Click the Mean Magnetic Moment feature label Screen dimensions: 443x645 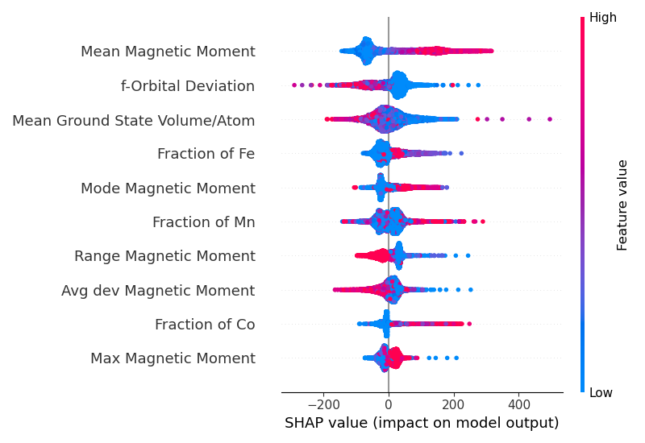pyautogui.click(x=168, y=52)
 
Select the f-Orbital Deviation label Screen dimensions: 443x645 pyautogui.click(x=188, y=86)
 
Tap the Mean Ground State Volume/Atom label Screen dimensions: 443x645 pyautogui.click(x=134, y=121)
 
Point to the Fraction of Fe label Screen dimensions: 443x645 pyautogui.click(x=206, y=154)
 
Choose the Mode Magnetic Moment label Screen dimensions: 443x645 pyautogui.click(x=168, y=188)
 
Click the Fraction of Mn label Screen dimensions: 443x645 pyautogui.click(x=203, y=222)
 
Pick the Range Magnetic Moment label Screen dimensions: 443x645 pyautogui.click(x=164, y=256)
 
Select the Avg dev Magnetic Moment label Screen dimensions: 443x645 pyautogui.click(x=158, y=291)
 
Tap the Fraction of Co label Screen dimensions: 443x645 pyautogui.click(x=205, y=325)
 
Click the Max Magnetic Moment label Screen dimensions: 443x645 pyautogui.click(x=173, y=358)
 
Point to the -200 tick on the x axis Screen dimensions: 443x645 pyautogui.click(x=322, y=404)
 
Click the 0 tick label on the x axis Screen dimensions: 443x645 pyautogui.click(x=389, y=404)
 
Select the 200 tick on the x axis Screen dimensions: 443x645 pyautogui.click(x=454, y=404)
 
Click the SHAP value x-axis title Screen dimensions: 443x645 pyautogui.click(x=422, y=423)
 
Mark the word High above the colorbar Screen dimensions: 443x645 pyautogui.click(x=603, y=18)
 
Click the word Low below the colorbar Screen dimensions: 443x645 pyautogui.click(x=601, y=393)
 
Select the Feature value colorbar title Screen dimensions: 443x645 pyautogui.click(x=622, y=205)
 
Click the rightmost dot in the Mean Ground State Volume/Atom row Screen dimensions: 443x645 pyautogui.click(x=550, y=119)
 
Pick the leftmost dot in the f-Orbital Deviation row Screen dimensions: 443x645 pyautogui.click(x=293, y=85)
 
